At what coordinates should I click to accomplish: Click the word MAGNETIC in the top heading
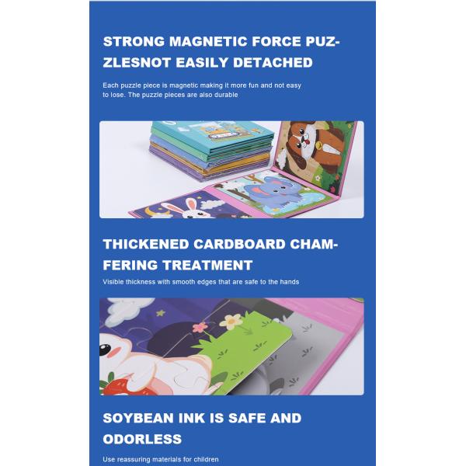pos(208,41)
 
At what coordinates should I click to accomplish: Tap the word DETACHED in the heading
pos(273,62)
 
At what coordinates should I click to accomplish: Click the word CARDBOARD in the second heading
pos(239,245)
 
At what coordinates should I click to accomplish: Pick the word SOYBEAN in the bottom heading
pos(138,418)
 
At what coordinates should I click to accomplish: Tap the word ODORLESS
pos(142,440)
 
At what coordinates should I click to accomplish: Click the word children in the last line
pos(206,460)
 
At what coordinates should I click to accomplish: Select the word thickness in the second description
pos(141,282)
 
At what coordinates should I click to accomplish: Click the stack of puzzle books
pos(211,151)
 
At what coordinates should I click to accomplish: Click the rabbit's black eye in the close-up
pos(105,349)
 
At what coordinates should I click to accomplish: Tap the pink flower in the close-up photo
pos(200,327)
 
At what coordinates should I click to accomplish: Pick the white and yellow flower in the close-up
pos(231,321)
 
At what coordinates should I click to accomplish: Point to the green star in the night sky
pos(161,313)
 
